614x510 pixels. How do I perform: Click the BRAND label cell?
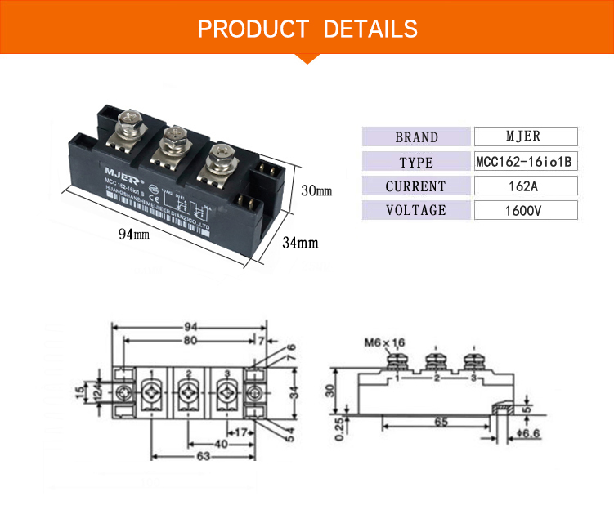pos(416,137)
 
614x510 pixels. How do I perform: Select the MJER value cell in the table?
pos(524,136)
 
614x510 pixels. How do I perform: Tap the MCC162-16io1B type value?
pos(524,162)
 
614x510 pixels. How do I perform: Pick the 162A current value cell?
pos(524,186)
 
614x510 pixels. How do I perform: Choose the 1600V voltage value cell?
pos(524,211)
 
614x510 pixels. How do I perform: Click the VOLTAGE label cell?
pos(416,211)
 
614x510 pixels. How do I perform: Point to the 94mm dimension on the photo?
pos(134,235)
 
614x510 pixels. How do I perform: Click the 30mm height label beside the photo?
pos(316,191)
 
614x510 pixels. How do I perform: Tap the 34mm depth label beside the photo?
pos(300,243)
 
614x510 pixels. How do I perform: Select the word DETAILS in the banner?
pos(370,30)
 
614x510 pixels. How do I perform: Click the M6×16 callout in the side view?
pos(383,342)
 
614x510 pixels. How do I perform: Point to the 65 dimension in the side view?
pos(440,423)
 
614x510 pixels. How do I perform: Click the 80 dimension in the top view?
pos(189,339)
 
